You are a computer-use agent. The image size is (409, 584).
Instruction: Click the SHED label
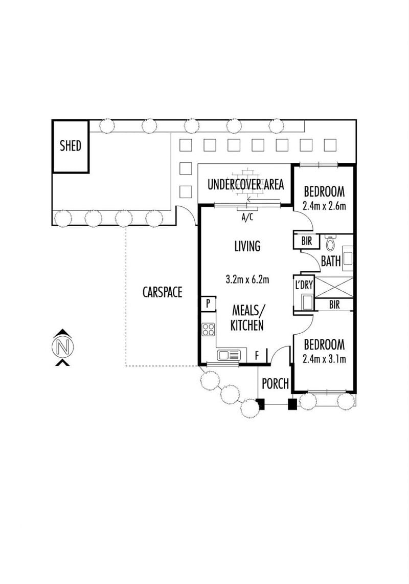[71, 146]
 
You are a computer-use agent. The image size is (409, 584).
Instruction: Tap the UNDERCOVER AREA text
[245, 184]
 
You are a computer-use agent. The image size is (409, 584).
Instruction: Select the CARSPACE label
[162, 292]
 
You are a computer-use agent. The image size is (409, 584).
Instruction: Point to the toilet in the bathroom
[330, 242]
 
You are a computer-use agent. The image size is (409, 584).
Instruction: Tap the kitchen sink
[229, 355]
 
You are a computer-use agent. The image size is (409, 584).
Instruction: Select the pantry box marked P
[208, 304]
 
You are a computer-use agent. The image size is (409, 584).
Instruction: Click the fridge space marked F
[257, 356]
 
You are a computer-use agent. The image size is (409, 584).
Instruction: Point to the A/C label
[247, 217]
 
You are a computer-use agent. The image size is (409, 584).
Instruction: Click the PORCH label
[275, 383]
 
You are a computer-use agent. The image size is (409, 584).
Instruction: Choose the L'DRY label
[304, 285]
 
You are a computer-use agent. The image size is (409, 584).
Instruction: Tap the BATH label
[331, 261]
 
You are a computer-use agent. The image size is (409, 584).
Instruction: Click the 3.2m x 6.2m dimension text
[247, 279]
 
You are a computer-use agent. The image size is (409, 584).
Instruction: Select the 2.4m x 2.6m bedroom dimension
[324, 206]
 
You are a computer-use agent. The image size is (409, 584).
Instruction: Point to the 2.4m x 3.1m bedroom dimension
[324, 359]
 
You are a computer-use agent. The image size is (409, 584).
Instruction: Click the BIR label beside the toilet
[307, 241]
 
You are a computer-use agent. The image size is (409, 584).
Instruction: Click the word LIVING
[247, 246]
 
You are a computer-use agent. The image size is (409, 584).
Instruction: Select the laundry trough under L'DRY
[307, 302]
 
